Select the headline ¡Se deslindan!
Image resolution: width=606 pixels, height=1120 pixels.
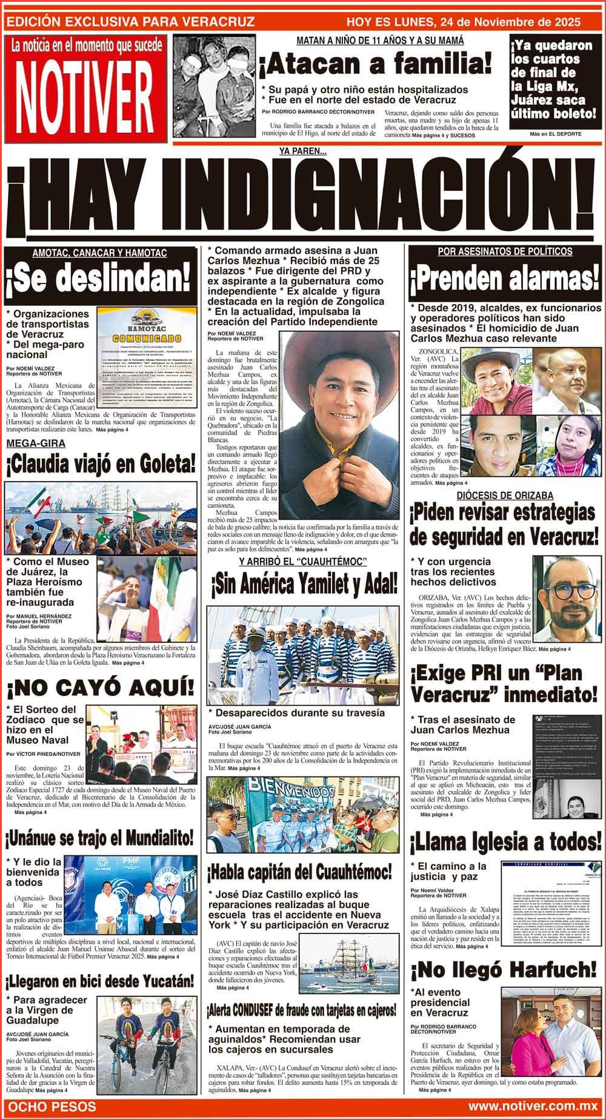click(x=100, y=279)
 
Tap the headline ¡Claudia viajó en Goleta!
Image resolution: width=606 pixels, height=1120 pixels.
click(x=101, y=465)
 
